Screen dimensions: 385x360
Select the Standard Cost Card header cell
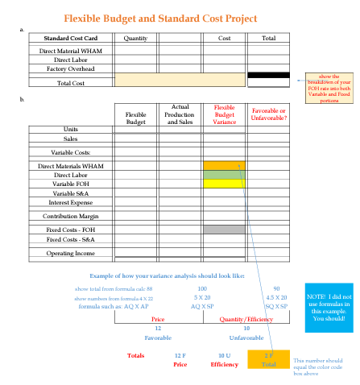(71, 38)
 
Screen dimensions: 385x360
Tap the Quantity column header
(136, 38)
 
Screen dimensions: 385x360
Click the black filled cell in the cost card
(268, 75)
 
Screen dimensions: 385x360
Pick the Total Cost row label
(72, 83)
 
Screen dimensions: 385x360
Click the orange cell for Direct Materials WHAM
(224, 165)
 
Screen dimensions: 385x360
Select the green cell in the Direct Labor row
(224, 175)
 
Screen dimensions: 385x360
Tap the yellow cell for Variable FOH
(224, 184)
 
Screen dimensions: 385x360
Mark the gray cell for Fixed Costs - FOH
(224, 230)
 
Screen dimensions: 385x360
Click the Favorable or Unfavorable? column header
(268, 114)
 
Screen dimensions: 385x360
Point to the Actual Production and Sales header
(180, 115)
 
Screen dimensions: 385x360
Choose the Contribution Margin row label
(71, 216)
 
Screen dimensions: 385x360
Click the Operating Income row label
(71, 253)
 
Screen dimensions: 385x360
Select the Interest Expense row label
(71, 202)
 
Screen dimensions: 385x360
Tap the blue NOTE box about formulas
(328, 307)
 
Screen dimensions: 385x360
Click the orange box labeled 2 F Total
(268, 359)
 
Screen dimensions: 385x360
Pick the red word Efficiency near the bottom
(224, 365)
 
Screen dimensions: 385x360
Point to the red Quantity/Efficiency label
(247, 319)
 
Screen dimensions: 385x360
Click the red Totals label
(136, 355)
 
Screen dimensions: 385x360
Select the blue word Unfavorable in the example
(246, 338)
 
